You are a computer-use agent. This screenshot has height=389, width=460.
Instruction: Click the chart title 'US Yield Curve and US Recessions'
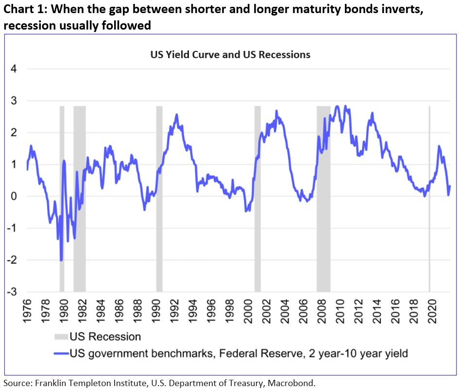(230, 55)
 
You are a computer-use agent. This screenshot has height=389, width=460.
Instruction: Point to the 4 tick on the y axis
(14, 69)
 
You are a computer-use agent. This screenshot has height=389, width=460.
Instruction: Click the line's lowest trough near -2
(61, 260)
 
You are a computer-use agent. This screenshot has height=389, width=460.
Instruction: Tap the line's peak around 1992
(176, 115)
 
